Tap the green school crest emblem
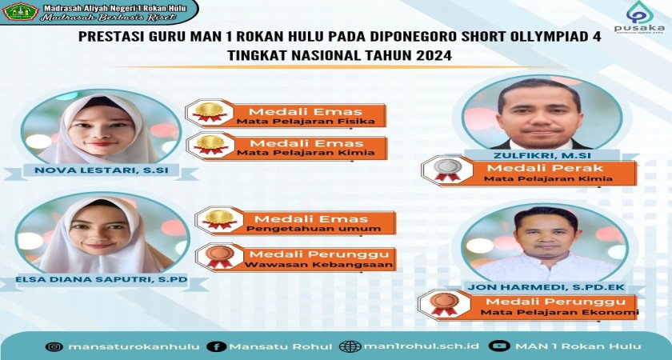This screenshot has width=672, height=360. tap(20, 11)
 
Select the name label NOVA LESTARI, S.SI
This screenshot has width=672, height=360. tap(101, 170)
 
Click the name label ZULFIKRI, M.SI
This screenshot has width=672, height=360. tap(542, 154)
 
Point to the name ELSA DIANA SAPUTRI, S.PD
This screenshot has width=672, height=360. tap(102, 279)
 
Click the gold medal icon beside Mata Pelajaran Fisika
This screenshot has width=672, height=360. tap(210, 112)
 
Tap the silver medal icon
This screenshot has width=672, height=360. tap(447, 170)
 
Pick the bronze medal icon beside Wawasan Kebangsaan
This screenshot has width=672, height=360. tap(219, 256)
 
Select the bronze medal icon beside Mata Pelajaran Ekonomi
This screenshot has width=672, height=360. tap(444, 304)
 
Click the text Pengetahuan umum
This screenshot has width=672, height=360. tap(314, 229)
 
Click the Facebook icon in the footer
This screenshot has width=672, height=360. tap(216, 346)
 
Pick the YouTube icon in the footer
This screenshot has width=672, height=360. tap(500, 346)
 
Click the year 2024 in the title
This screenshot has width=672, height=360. tap(434, 56)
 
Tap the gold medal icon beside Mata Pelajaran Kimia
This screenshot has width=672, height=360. tap(210, 145)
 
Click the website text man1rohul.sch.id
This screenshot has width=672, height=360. tap(422, 346)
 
